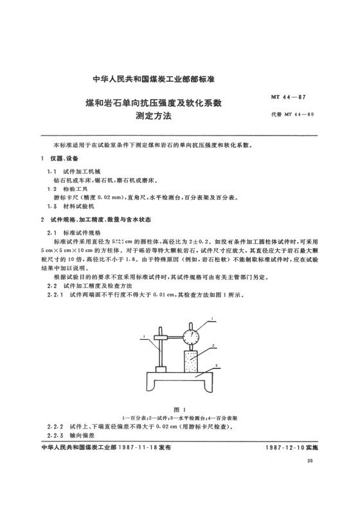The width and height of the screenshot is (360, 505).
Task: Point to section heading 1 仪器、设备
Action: click(x=58, y=159)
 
